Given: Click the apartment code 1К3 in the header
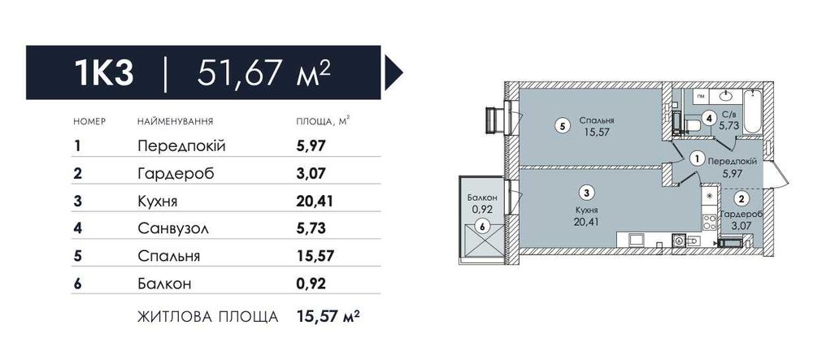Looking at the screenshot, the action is [104, 73].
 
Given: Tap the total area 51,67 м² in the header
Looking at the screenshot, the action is [263, 73].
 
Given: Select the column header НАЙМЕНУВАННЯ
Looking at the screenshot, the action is [176, 122].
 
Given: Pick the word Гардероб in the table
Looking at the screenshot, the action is [176, 174].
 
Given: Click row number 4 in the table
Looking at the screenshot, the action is [78, 228].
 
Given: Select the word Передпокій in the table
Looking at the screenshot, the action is [181, 146].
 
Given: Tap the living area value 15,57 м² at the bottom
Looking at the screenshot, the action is [328, 315].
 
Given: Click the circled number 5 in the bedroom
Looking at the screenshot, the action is [561, 125].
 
